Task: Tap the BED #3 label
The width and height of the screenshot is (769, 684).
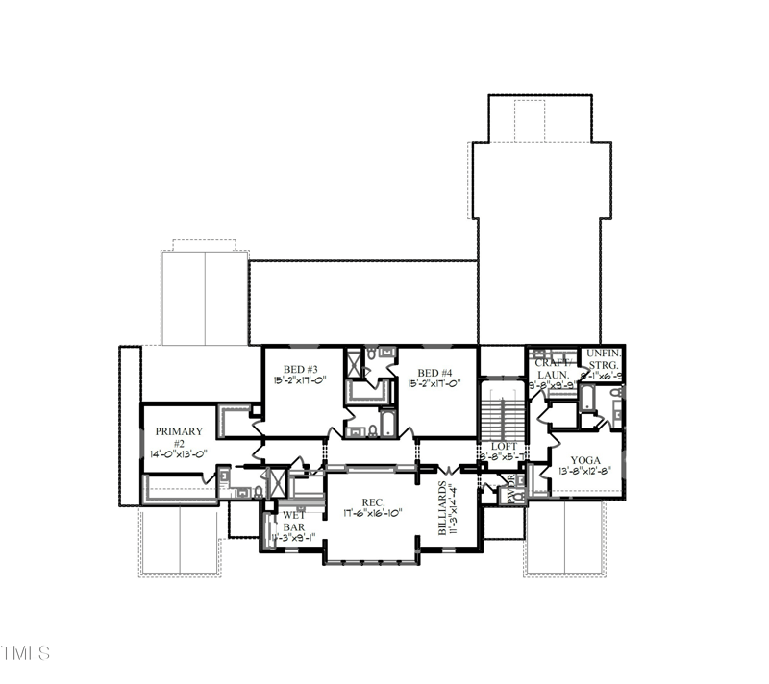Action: coord(300,371)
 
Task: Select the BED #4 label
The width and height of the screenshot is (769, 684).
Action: coord(434,372)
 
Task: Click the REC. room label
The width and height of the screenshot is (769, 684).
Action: coord(373,502)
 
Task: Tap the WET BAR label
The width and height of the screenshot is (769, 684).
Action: coord(293,521)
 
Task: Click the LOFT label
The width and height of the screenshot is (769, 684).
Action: coord(504,447)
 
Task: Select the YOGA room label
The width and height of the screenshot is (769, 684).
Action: coord(585,461)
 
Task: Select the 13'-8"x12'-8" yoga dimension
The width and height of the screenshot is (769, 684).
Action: coord(585,472)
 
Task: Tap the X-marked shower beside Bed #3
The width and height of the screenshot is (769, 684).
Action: coord(353,364)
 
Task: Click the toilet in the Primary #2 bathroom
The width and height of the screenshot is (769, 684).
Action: coord(242,492)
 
